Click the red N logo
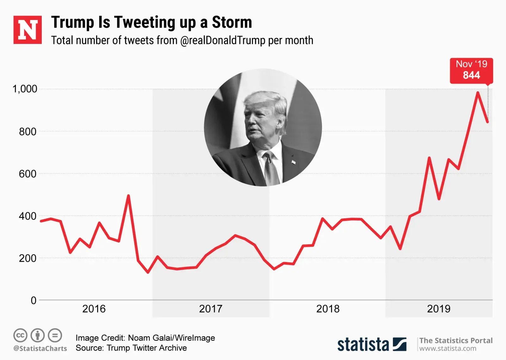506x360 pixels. pyautogui.click(x=28, y=30)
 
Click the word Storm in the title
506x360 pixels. pyautogui.click(x=232, y=22)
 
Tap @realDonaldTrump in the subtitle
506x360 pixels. pyautogui.click(x=223, y=40)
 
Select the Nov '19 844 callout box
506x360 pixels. pyautogui.click(x=471, y=70)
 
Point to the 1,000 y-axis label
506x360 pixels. pyautogui.click(x=25, y=89)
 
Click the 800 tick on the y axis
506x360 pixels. pyautogui.click(x=28, y=131)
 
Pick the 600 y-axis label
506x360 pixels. pyautogui.click(x=28, y=174)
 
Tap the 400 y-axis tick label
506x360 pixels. pyautogui.click(x=28, y=216)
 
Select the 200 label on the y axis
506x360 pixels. pyautogui.click(x=28, y=258)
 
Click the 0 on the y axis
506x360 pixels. pyautogui.click(x=34, y=300)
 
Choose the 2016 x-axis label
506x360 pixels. pyautogui.click(x=94, y=309)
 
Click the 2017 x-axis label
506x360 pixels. pyautogui.click(x=211, y=309)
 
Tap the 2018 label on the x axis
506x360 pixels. pyautogui.click(x=328, y=309)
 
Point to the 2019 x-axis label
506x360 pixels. pyautogui.click(x=439, y=309)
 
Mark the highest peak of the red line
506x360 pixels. pyautogui.click(x=478, y=93)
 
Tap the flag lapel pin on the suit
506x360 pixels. pyautogui.click(x=293, y=162)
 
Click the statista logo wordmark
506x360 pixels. pyautogui.click(x=363, y=344)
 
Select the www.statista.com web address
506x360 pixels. pyautogui.click(x=447, y=349)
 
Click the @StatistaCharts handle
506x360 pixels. pyautogui.click(x=40, y=349)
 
